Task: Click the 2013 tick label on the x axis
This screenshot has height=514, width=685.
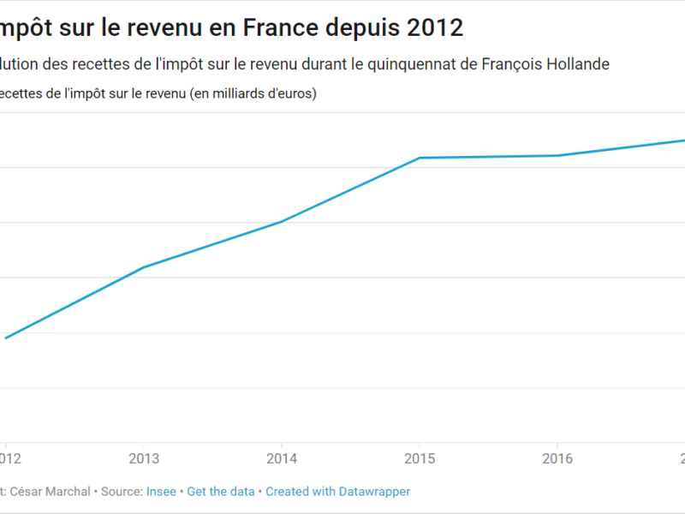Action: tap(144, 457)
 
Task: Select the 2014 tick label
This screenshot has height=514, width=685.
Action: tap(282, 457)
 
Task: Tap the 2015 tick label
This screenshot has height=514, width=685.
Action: tap(420, 457)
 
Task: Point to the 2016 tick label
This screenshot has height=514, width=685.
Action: tap(557, 457)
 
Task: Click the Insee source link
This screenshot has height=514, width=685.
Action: tap(161, 492)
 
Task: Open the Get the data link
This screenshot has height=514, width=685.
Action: tap(221, 492)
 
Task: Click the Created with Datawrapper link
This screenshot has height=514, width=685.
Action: tap(337, 492)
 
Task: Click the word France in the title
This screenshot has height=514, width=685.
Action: tap(282, 28)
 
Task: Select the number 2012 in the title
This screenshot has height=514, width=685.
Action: tap(434, 28)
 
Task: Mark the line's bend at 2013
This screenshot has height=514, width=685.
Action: tap(144, 267)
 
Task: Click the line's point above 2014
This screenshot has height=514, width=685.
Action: tap(282, 222)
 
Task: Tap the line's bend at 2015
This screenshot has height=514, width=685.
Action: tap(420, 158)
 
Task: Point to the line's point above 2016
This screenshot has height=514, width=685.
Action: tap(557, 155)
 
